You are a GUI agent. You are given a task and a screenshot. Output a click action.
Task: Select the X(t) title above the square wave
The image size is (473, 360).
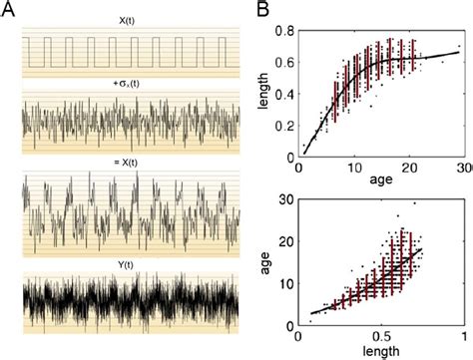pyautogui.click(x=131, y=20)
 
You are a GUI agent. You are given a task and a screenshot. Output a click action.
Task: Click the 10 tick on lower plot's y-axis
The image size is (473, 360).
pyautogui.click(x=289, y=283)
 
